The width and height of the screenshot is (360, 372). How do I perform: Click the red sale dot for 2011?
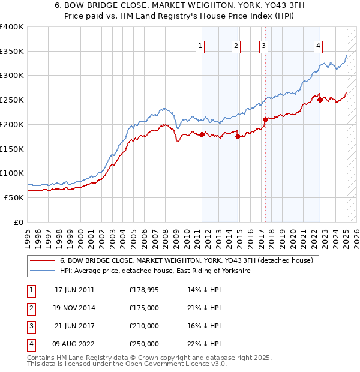(x=202, y=134)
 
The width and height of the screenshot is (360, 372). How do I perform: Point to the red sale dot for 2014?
(x=238, y=136)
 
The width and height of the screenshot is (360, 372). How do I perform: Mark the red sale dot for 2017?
(x=265, y=119)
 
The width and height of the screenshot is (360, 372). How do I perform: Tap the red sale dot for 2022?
(x=320, y=100)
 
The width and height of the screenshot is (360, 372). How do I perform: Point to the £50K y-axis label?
(x=14, y=197)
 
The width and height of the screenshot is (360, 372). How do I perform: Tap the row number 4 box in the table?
(x=29, y=344)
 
